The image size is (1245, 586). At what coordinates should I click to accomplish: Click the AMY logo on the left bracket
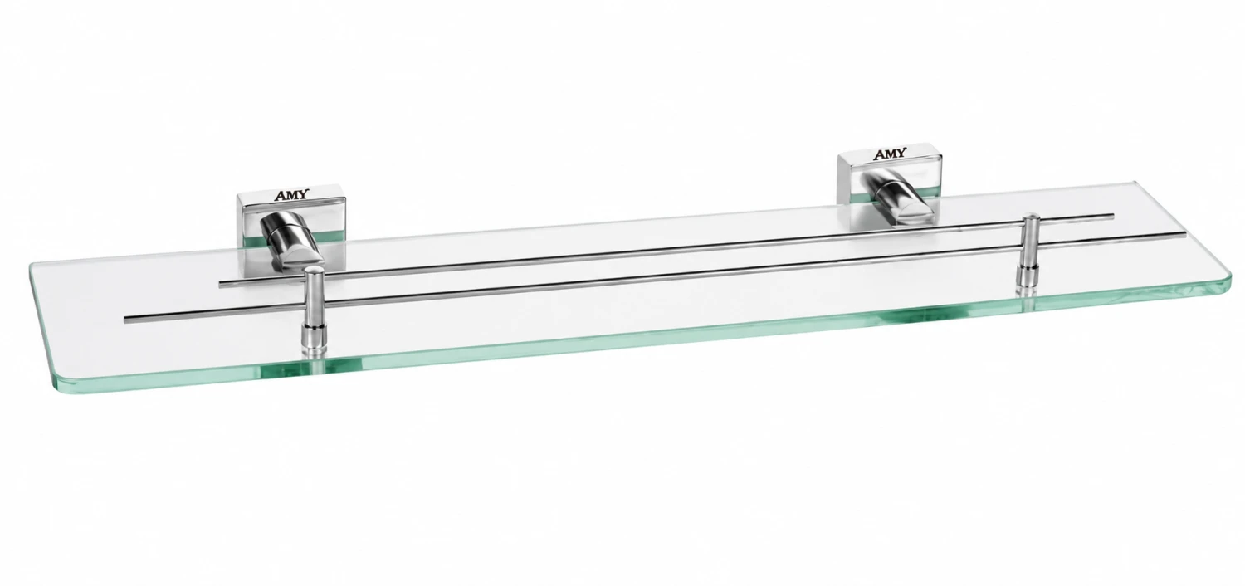292,196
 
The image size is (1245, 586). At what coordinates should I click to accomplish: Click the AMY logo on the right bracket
889,154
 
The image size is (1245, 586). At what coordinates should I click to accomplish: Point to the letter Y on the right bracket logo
901,153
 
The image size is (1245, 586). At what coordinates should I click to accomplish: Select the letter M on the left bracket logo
293,196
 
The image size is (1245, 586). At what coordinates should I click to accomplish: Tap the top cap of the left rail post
313,271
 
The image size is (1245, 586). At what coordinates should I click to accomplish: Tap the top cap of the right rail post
1032,217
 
